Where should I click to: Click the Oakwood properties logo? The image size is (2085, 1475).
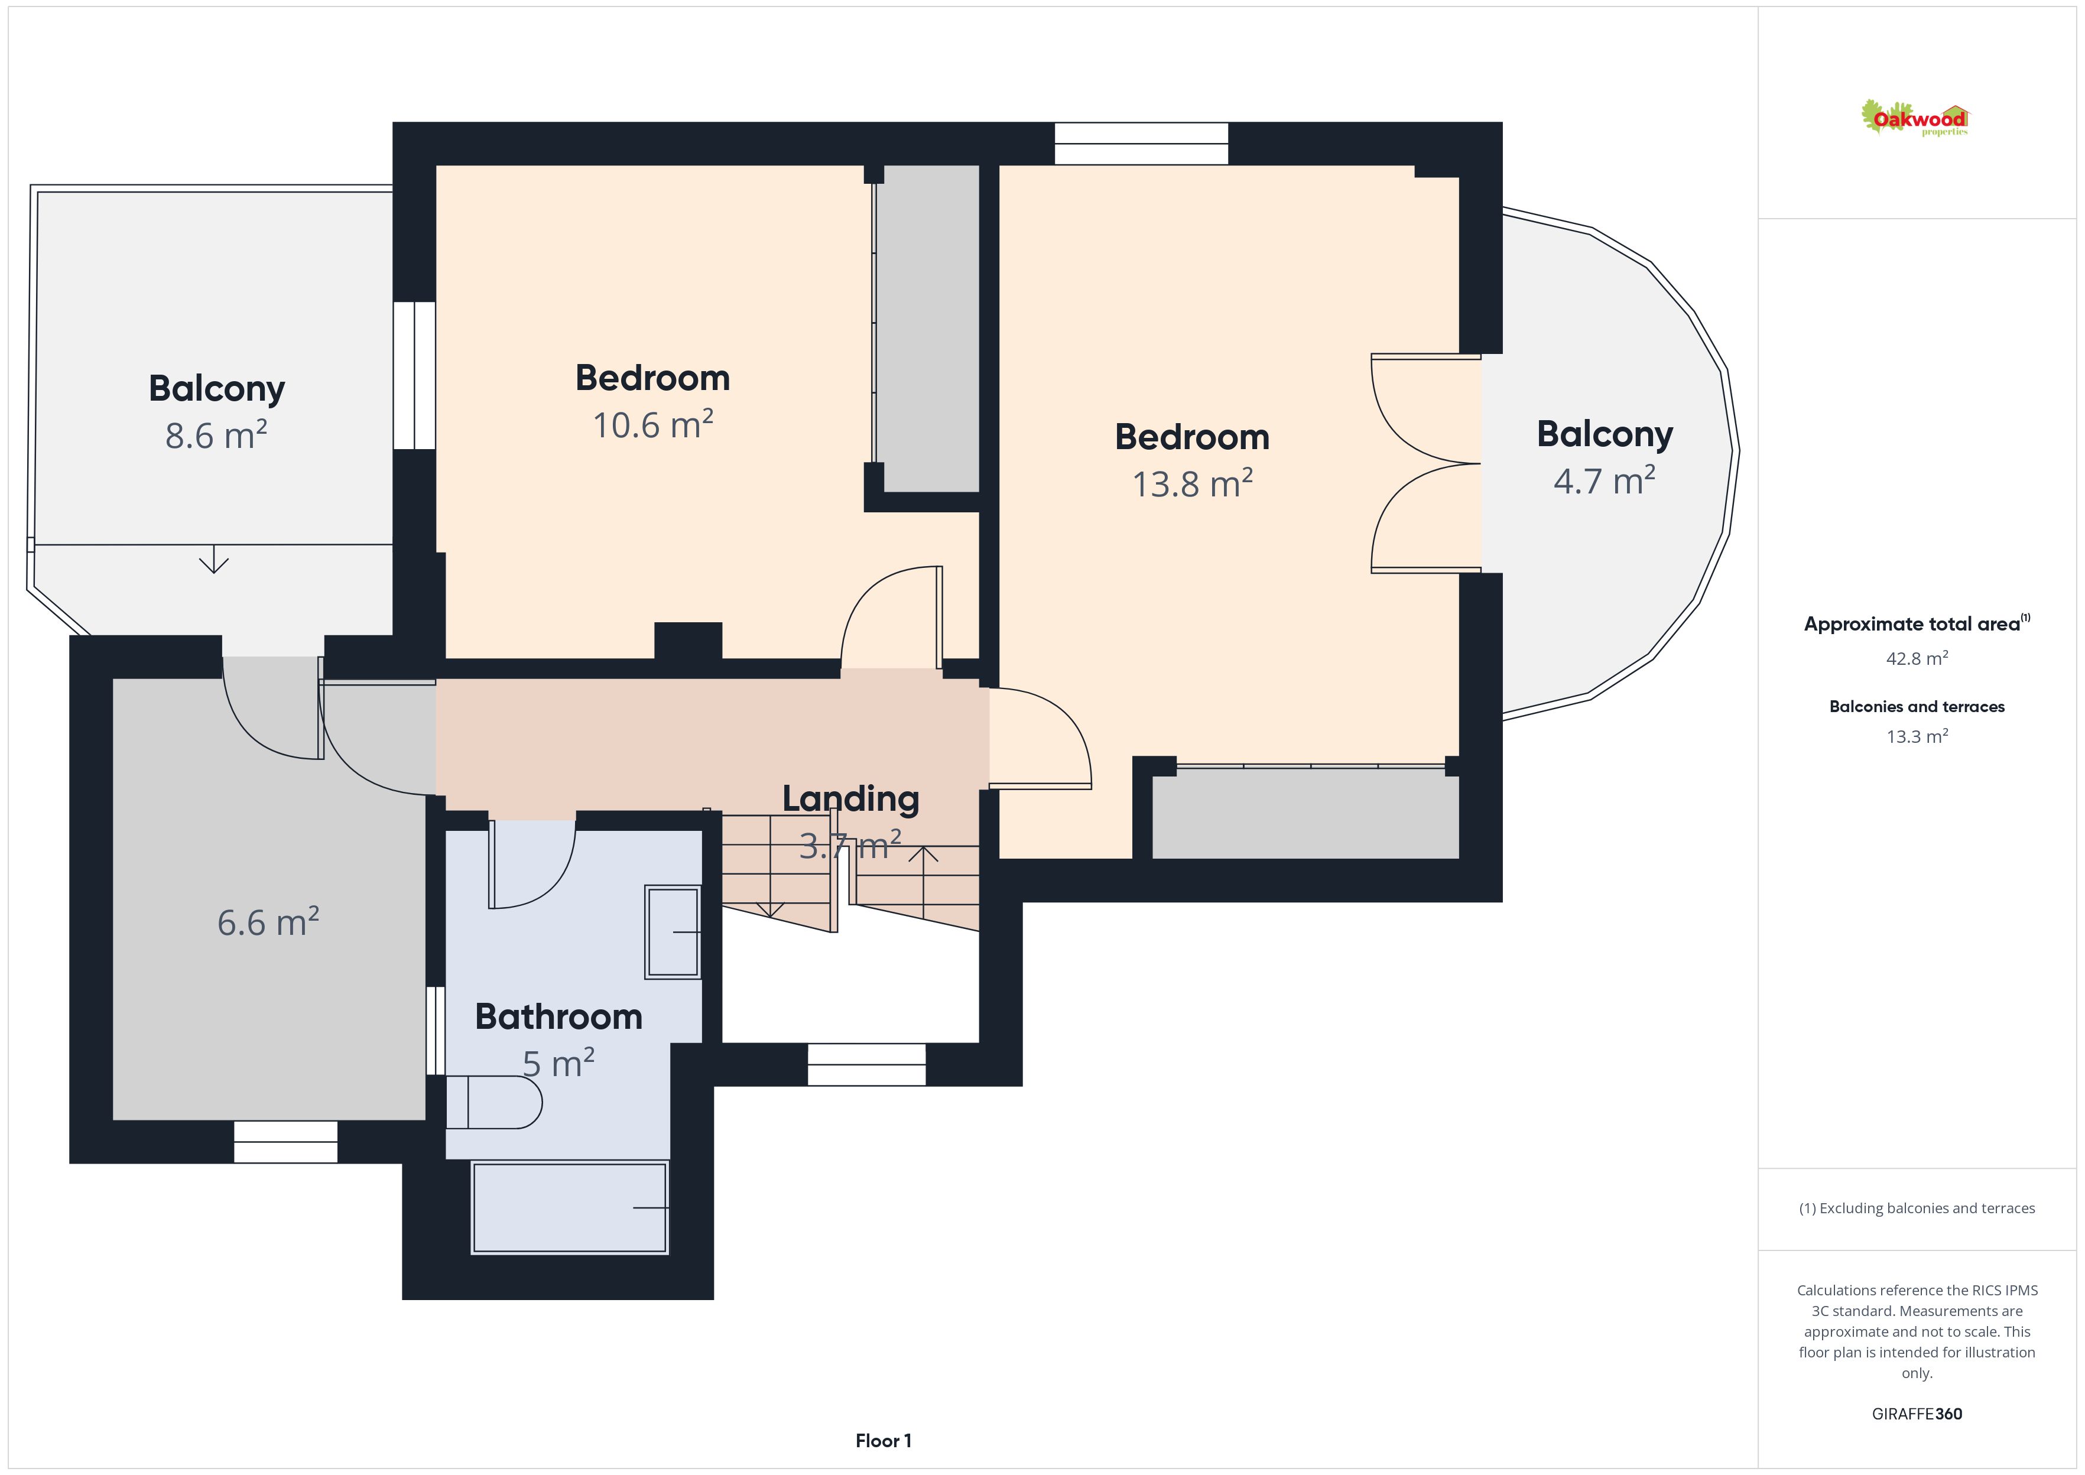(1914, 118)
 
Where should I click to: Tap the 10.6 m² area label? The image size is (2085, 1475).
(653, 424)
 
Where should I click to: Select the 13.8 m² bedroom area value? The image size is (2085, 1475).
(1193, 483)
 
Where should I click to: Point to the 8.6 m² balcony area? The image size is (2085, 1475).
(216, 435)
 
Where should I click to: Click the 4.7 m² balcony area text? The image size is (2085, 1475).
(1605, 480)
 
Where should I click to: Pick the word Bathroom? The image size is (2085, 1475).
(558, 1016)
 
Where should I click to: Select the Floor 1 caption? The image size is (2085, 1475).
(883, 1441)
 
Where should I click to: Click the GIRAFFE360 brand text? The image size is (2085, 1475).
(1917, 1413)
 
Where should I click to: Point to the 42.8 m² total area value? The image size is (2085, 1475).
(1917, 658)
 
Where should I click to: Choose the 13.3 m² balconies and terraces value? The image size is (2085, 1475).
(1917, 736)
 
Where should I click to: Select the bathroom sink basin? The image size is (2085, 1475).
(673, 932)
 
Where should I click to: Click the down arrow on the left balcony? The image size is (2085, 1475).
(213, 560)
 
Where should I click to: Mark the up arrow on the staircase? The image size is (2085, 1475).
(924, 882)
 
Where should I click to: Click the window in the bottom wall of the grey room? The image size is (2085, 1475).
(285, 1142)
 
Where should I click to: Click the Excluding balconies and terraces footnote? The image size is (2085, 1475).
(1917, 1208)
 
